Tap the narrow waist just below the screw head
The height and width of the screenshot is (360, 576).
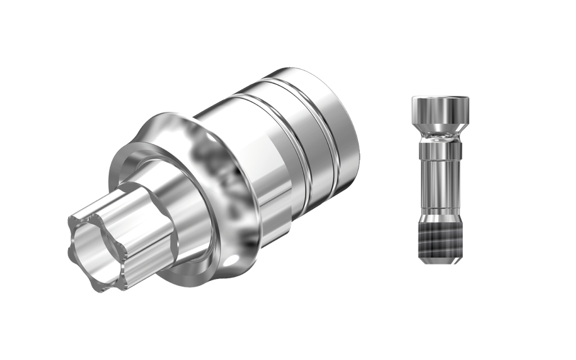point(440,136)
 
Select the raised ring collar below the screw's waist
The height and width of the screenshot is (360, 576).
point(440,150)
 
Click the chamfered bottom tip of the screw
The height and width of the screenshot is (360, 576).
point(440,258)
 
